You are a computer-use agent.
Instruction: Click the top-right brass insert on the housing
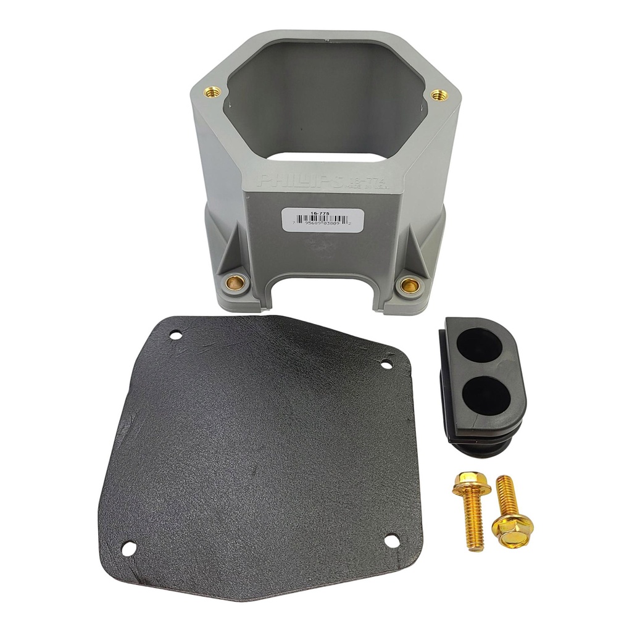click(438, 95)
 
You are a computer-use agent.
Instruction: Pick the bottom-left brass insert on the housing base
click(235, 283)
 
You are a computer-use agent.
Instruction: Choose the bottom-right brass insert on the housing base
click(408, 285)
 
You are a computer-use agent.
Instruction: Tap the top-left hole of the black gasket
click(176, 335)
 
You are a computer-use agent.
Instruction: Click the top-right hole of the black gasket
click(386, 365)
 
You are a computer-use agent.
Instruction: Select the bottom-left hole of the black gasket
click(129, 547)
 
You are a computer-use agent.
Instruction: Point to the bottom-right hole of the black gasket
click(391, 541)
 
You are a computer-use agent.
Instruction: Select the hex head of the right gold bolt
click(512, 530)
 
